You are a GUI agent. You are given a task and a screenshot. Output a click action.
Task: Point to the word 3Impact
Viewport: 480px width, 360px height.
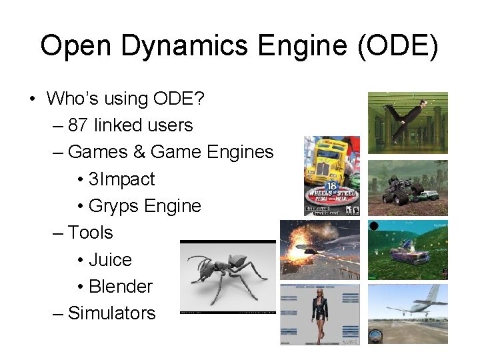click(x=121, y=179)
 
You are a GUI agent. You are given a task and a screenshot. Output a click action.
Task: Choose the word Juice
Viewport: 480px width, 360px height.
click(x=110, y=259)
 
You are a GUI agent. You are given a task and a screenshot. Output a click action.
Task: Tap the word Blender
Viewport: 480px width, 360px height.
click(x=120, y=286)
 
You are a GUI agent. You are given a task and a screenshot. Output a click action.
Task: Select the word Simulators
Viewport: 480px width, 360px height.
click(x=111, y=313)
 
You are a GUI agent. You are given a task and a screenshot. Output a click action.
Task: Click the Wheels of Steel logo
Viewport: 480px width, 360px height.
click(x=331, y=193)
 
